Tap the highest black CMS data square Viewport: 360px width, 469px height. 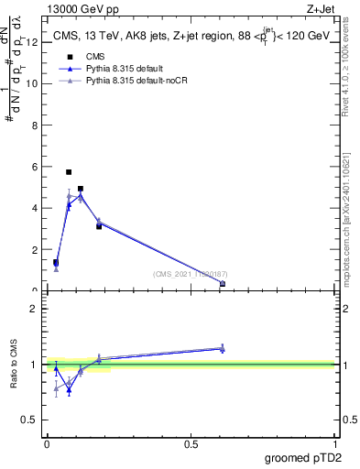(x=69, y=172)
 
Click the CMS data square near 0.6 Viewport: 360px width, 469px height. (x=223, y=284)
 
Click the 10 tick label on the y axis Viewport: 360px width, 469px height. (x=31, y=83)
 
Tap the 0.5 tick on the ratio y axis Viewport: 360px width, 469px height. (x=30, y=420)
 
